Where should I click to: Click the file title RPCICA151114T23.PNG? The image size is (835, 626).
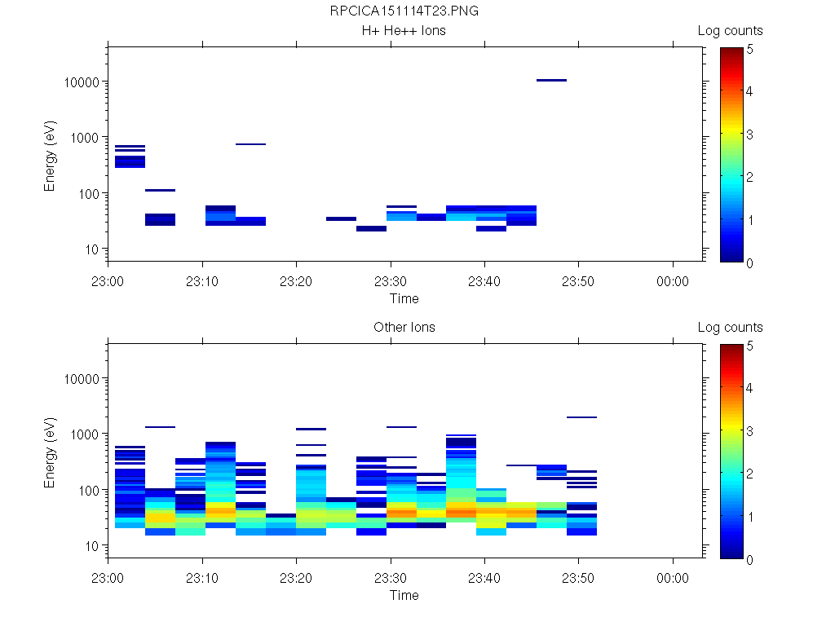click(x=404, y=11)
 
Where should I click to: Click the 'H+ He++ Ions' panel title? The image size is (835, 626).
click(x=404, y=31)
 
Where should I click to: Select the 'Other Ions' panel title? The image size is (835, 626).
click(x=404, y=328)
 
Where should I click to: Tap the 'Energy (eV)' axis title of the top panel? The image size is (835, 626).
click(x=51, y=154)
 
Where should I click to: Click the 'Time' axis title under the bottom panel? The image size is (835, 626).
click(x=404, y=595)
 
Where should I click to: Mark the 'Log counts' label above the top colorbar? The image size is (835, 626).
click(x=730, y=31)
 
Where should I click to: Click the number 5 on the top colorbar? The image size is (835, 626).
click(x=749, y=49)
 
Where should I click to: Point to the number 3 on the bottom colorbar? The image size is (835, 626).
click(x=749, y=431)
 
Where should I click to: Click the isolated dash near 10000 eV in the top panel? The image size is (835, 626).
click(x=551, y=80)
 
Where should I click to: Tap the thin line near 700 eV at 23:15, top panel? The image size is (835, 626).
click(x=250, y=144)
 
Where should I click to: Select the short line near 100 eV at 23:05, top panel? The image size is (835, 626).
click(x=160, y=190)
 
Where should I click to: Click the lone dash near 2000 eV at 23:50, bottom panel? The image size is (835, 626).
click(x=581, y=417)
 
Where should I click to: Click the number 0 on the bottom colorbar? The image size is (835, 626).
click(x=749, y=559)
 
